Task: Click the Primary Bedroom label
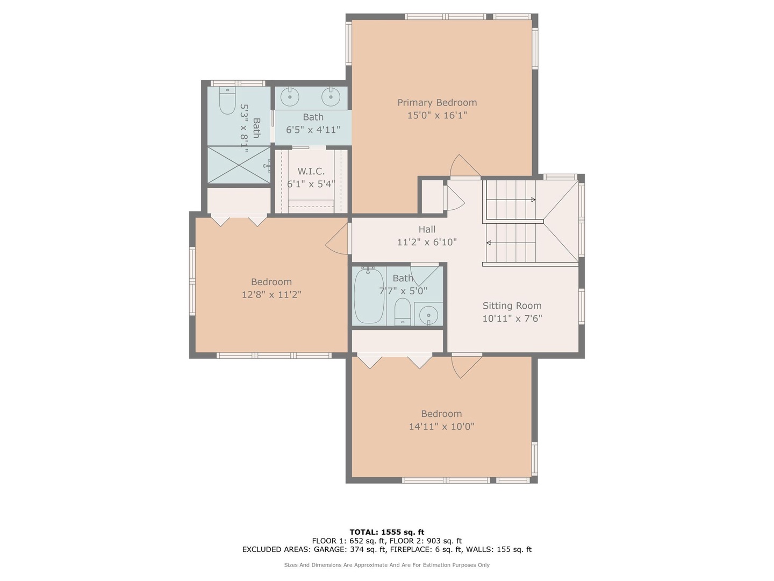click(x=437, y=103)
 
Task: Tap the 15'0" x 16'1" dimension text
click(x=437, y=115)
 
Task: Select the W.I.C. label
click(x=311, y=172)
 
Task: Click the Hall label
click(x=427, y=229)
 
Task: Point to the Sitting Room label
click(x=512, y=306)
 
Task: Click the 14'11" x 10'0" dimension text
click(x=441, y=427)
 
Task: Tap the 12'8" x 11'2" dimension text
click(x=271, y=295)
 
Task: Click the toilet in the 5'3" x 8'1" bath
click(x=227, y=101)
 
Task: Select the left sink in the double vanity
click(x=290, y=97)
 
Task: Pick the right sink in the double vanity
click(x=331, y=97)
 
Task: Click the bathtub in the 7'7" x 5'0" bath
click(x=369, y=295)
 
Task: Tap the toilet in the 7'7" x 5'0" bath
click(x=403, y=311)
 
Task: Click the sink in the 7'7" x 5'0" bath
click(x=428, y=314)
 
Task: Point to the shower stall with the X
click(x=239, y=165)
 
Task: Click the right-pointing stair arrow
click(x=511, y=200)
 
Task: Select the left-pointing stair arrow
click(x=511, y=243)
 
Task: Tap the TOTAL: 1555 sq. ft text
click(x=387, y=532)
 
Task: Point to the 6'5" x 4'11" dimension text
click(x=313, y=130)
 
